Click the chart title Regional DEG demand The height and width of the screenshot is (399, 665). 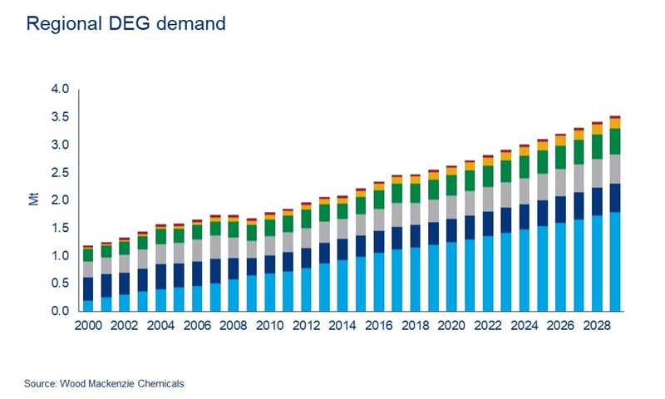pos(126,23)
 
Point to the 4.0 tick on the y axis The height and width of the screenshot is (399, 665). pos(62,89)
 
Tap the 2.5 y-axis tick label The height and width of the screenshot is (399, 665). pos(62,173)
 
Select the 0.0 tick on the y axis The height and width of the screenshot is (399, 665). pos(62,312)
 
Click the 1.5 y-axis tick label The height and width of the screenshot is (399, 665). pos(62,229)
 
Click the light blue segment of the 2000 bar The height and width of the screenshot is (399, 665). pos(88,306)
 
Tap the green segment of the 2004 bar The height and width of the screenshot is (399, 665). pos(160,235)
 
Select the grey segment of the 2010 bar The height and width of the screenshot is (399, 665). pos(269,246)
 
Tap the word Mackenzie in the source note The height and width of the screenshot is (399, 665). pos(128,383)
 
